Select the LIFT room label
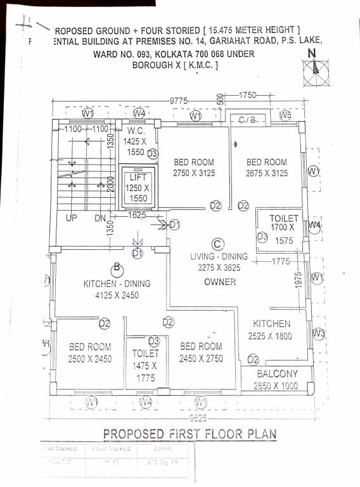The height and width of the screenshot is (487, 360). click(x=138, y=178)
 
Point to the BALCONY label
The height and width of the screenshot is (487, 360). click(x=278, y=373)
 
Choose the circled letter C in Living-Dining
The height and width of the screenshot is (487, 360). click(x=217, y=243)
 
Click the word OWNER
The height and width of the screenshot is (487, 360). click(x=220, y=282)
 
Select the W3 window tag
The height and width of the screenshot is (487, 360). click(x=318, y=334)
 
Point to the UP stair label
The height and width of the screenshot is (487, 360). click(x=72, y=218)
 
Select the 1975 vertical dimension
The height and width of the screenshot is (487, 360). click(x=298, y=281)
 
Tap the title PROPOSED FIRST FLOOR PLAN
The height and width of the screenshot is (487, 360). click(x=189, y=434)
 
